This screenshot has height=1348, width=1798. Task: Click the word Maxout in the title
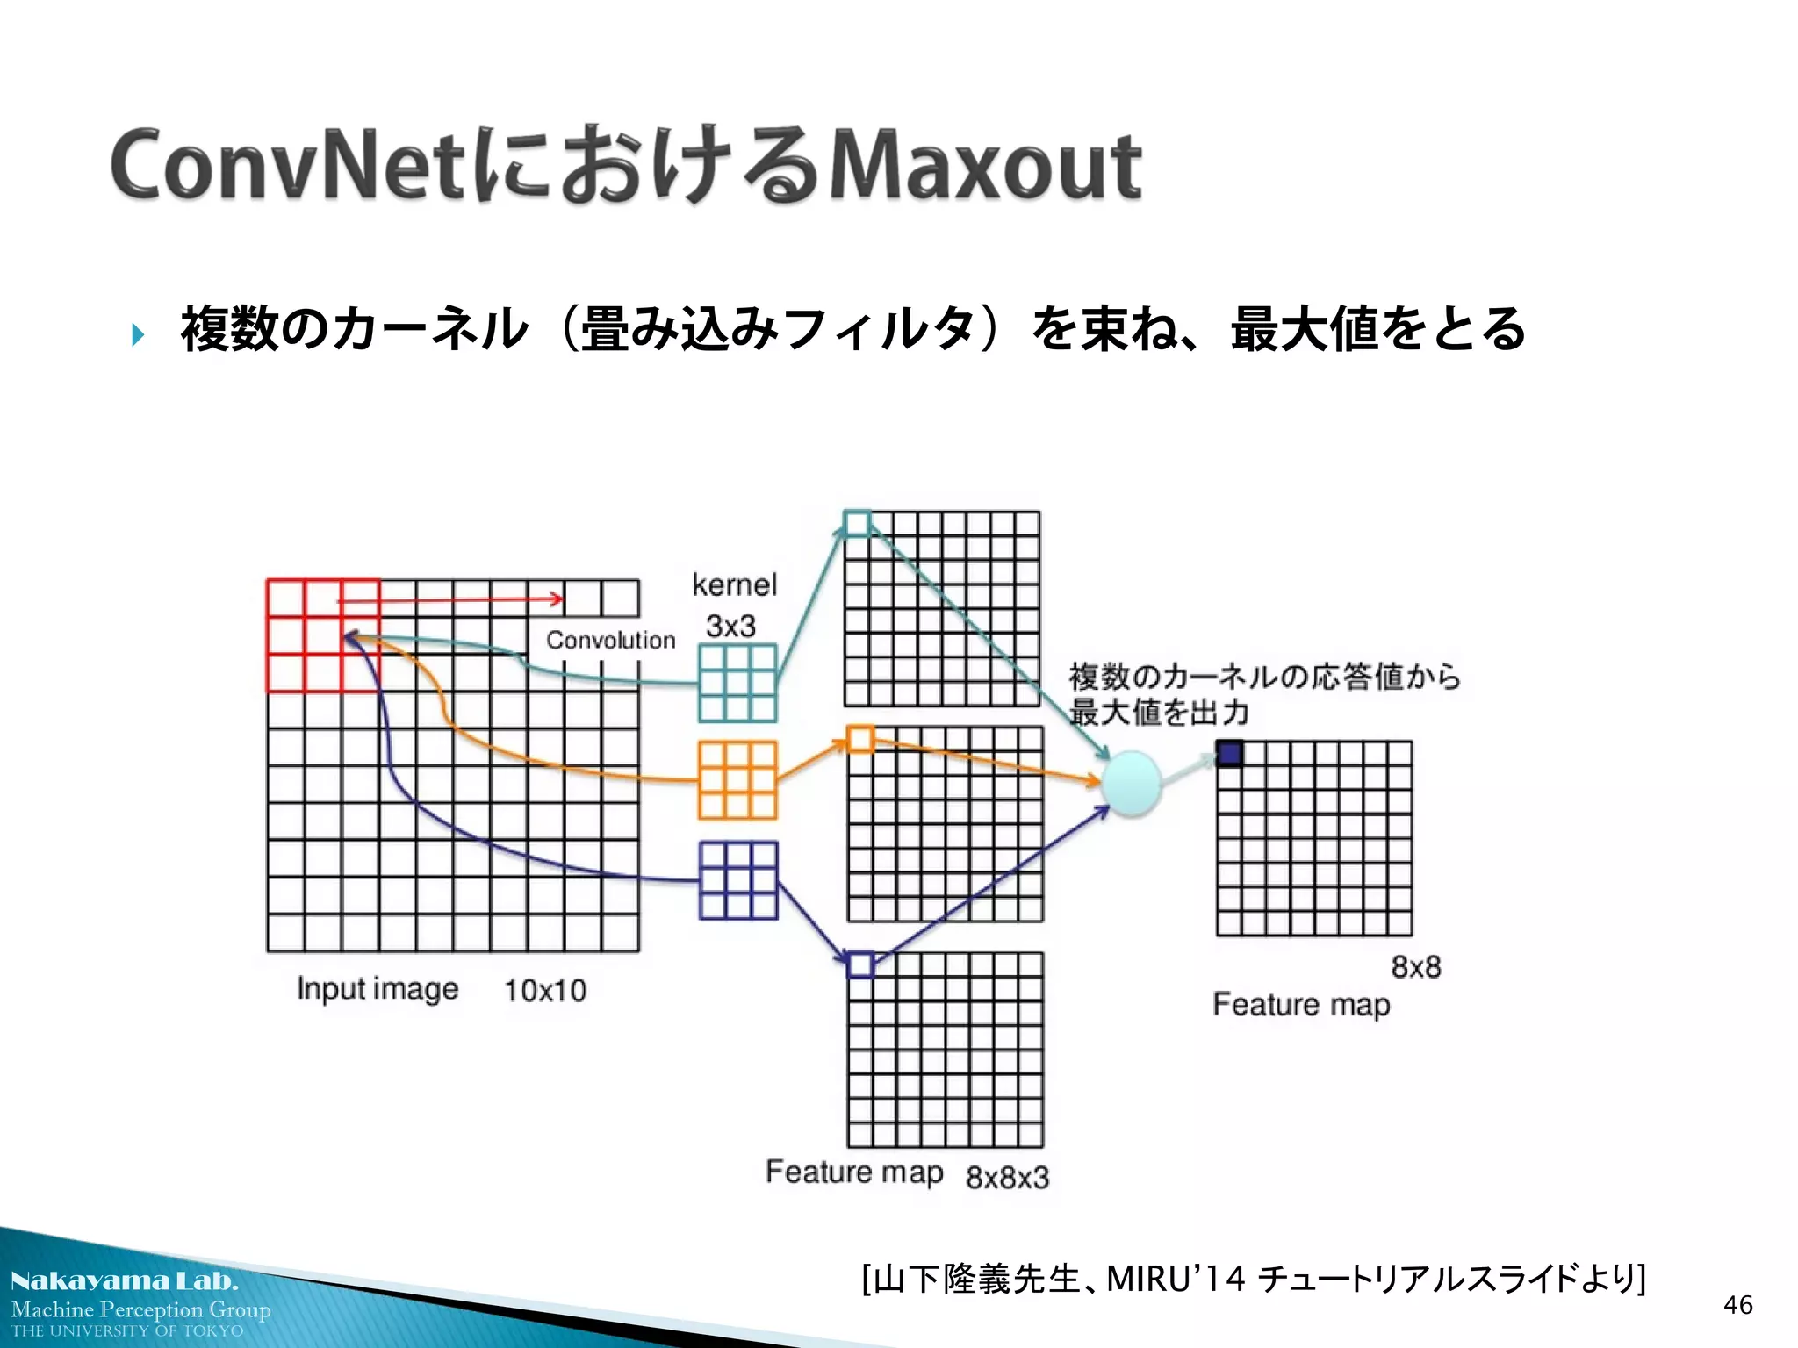[985, 166]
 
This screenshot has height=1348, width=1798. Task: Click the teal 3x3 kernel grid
[737, 683]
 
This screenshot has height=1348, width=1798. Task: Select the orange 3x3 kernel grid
[737, 779]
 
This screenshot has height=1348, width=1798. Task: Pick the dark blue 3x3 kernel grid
[738, 880]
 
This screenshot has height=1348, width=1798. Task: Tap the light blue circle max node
[1131, 784]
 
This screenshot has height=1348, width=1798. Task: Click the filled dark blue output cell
[1229, 754]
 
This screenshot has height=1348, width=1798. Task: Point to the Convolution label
[610, 640]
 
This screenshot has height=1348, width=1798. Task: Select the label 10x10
[544, 990]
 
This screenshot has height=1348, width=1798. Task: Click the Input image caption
[378, 989]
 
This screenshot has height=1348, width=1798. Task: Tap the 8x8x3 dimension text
[1007, 1177]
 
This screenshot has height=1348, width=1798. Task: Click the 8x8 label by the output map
[1415, 967]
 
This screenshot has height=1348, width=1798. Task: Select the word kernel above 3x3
[734, 584]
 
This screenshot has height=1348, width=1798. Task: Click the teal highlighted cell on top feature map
[857, 524]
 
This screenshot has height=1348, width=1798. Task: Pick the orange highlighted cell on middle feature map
[860, 739]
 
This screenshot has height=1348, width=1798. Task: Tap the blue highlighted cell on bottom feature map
[860, 964]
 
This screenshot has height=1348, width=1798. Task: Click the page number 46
[1737, 1305]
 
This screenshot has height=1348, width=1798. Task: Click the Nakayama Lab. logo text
[124, 1280]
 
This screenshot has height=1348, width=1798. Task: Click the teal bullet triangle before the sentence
[138, 334]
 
